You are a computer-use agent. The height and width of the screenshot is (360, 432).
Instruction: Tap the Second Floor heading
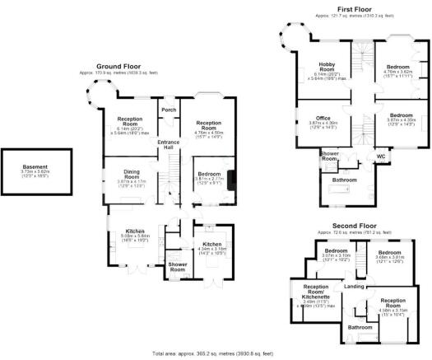pyautogui.click(x=356, y=225)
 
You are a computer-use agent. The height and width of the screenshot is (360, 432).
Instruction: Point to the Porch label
pyautogui.click(x=169, y=110)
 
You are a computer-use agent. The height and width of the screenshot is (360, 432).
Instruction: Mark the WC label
pyautogui.click(x=381, y=156)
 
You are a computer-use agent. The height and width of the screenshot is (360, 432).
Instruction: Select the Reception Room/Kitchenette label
pyautogui.click(x=310, y=293)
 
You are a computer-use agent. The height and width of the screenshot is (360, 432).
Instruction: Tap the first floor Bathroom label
pyautogui.click(x=345, y=180)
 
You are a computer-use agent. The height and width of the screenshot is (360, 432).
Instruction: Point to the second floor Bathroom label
pyautogui.click(x=360, y=327)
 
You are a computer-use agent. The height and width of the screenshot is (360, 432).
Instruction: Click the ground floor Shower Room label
pyautogui.click(x=177, y=268)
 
